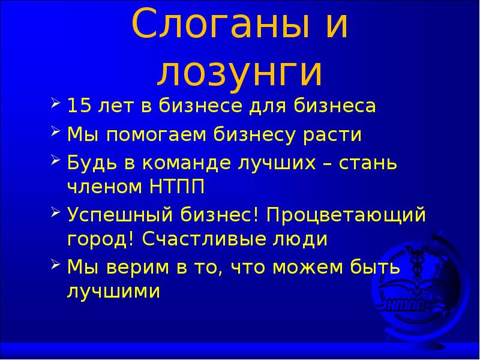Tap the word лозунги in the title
pyautogui.click(x=240, y=72)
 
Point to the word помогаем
pyautogui.click(x=155, y=136)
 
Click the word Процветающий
pyautogui.click(x=346, y=215)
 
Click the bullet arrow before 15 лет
pyautogui.click(x=55, y=105)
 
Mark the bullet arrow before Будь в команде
pyautogui.click(x=55, y=161)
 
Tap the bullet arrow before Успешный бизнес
pyautogui.click(x=55, y=212)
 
